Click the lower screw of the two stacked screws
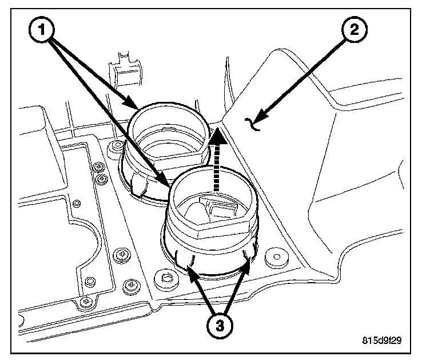(x=101, y=180)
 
